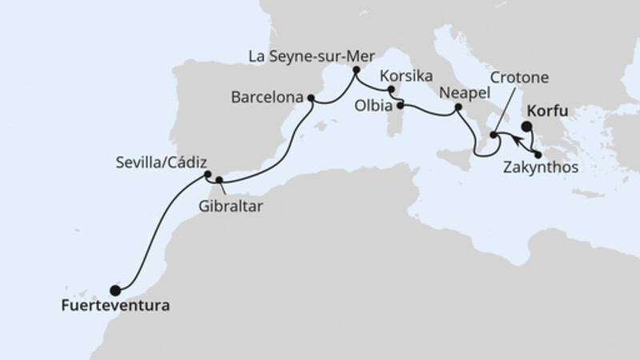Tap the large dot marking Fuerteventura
pos(115,290)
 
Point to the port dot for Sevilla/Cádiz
pos(207,174)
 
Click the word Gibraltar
pos(233,205)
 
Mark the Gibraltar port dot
pos(218,180)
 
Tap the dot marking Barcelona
pos(310,99)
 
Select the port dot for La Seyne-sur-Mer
pos(355,70)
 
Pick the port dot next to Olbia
pos(399,105)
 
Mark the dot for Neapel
pos(458,107)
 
